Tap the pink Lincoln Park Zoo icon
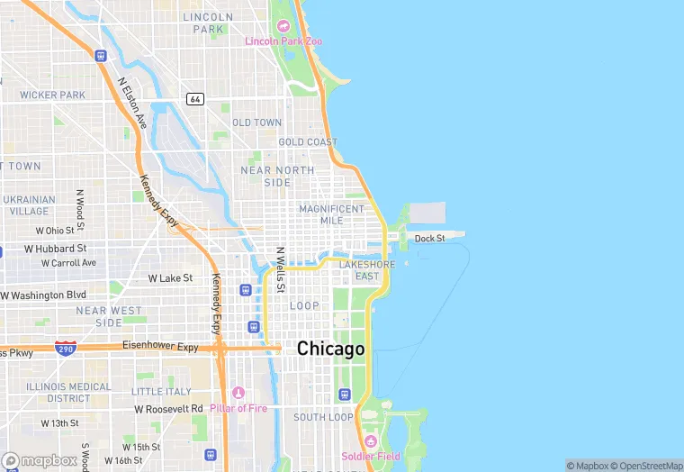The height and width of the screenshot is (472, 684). [x=283, y=25]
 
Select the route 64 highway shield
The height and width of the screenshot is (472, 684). [x=194, y=98]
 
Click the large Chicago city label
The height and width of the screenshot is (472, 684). [x=331, y=349]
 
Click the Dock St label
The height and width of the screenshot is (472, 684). [x=429, y=239]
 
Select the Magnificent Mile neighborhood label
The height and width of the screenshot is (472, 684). [x=332, y=214]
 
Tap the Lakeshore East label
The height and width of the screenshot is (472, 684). [x=366, y=270]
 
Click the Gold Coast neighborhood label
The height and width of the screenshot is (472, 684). [x=308, y=142]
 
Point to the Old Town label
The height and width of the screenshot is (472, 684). [x=257, y=123]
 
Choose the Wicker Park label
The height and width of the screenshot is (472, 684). [x=53, y=95]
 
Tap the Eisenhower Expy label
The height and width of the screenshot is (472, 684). [x=161, y=346]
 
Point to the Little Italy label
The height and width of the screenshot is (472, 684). [x=161, y=392]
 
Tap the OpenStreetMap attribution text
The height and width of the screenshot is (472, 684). [x=646, y=466]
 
